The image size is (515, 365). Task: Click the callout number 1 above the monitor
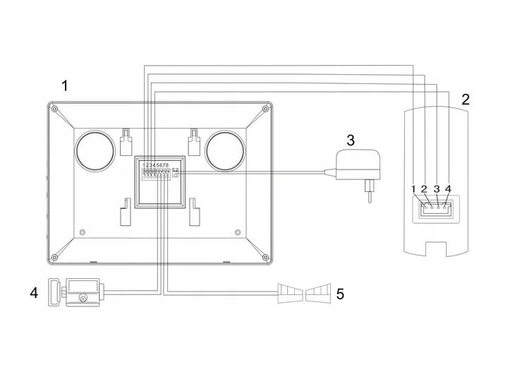[65, 86]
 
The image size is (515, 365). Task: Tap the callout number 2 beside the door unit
[466, 100]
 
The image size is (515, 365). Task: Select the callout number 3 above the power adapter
[351, 140]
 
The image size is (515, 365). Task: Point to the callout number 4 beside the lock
[34, 293]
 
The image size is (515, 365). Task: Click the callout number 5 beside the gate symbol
[340, 294]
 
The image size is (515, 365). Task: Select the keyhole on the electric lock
[83, 299]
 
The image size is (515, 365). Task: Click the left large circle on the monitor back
[95, 151]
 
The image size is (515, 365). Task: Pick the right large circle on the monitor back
[225, 151]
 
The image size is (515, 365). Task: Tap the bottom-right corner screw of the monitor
[265, 257]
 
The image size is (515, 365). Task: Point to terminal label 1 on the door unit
[413, 189]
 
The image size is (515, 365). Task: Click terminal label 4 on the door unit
[448, 189]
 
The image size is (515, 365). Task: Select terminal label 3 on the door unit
[437, 189]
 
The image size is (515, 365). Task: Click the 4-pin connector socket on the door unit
[435, 209]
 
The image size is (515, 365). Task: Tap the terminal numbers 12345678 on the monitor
[156, 164]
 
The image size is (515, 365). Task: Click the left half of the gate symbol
[291, 293]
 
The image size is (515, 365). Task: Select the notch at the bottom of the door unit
[436, 249]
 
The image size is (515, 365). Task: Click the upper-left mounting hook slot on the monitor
[126, 141]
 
